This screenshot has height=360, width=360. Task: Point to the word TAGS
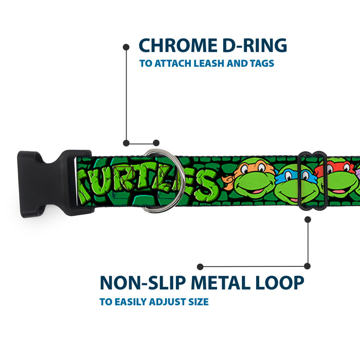click(260, 64)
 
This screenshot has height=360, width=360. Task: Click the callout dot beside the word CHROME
click(126, 47)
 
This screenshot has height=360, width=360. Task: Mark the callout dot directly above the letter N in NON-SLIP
click(200, 267)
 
